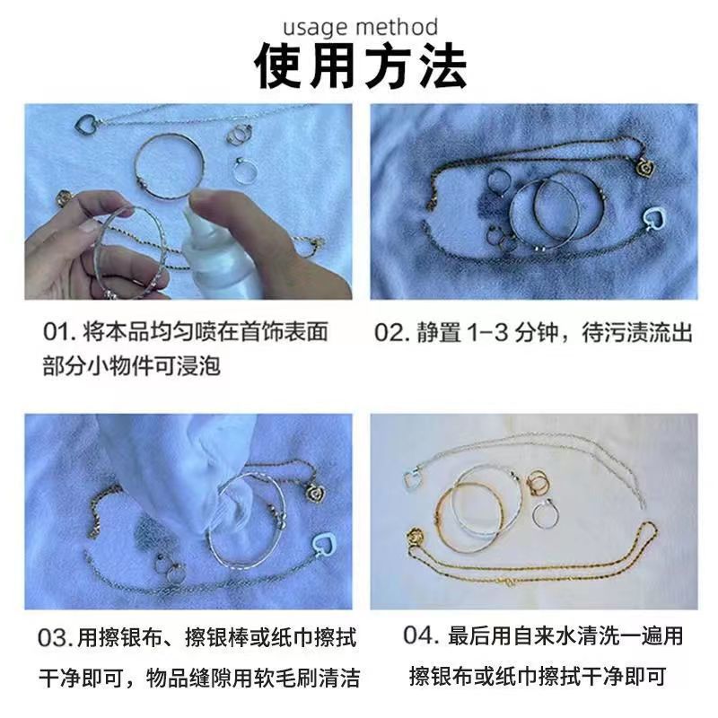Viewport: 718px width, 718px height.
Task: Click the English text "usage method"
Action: pyautogui.click(x=361, y=27)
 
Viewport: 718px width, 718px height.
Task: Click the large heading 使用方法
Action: pyautogui.click(x=361, y=66)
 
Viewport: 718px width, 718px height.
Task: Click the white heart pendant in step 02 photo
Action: pyautogui.click(x=654, y=219)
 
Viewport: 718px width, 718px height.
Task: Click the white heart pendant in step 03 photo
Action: pyautogui.click(x=324, y=544)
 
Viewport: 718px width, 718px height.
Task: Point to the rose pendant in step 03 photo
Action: pyautogui.click(x=315, y=493)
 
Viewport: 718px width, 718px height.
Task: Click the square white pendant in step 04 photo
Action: pyautogui.click(x=414, y=479)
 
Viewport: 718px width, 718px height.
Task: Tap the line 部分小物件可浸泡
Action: pyautogui.click(x=132, y=366)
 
